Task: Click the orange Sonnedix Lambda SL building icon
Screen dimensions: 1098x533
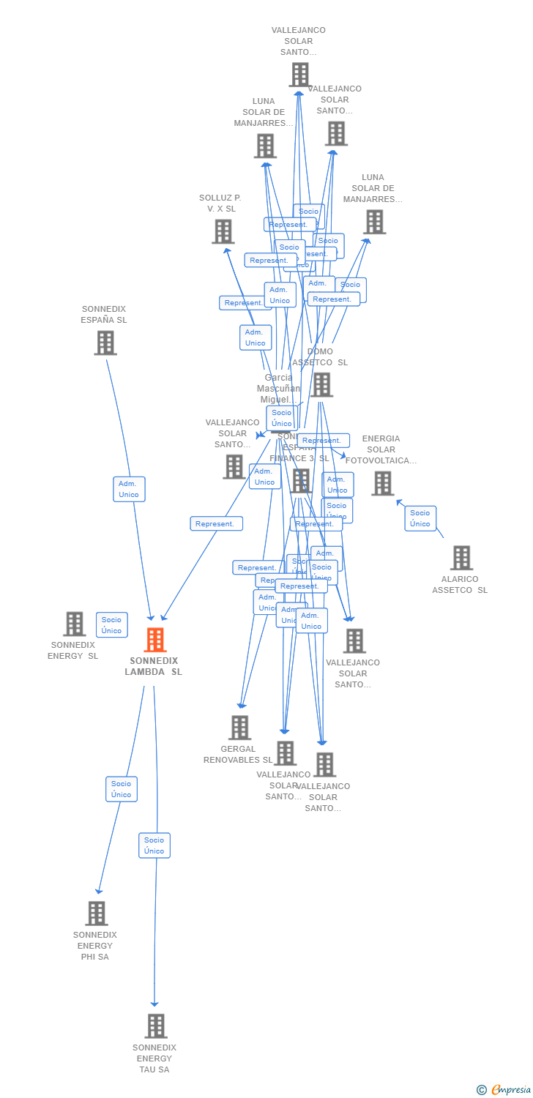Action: point(154,640)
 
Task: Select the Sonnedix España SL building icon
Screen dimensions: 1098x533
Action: point(105,343)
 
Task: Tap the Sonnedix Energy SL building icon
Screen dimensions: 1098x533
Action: point(74,624)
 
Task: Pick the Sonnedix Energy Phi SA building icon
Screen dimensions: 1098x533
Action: point(97,913)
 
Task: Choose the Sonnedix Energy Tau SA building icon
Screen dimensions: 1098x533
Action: point(155,1026)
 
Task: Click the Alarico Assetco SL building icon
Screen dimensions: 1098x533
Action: point(461,558)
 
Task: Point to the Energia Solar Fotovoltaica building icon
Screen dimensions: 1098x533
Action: point(382,483)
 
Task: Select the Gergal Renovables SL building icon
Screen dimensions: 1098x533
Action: point(239,728)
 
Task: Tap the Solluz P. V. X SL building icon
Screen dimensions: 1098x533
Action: point(223,231)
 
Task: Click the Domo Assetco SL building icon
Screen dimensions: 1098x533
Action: point(321,384)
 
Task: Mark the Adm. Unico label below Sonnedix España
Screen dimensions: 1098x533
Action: point(129,489)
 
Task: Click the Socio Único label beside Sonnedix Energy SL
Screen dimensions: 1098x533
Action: point(111,625)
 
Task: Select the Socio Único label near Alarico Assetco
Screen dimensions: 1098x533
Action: point(420,518)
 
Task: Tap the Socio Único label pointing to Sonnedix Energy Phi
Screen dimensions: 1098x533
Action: point(122,789)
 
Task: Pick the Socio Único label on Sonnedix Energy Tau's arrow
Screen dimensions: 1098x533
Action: point(154,845)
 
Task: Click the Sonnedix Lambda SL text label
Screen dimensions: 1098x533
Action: point(154,666)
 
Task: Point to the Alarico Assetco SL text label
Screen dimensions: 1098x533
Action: point(460,585)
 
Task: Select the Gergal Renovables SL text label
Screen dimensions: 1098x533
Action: point(238,755)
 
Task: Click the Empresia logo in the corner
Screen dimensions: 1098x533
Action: point(504,1090)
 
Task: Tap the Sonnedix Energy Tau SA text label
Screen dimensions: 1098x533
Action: point(154,1058)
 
